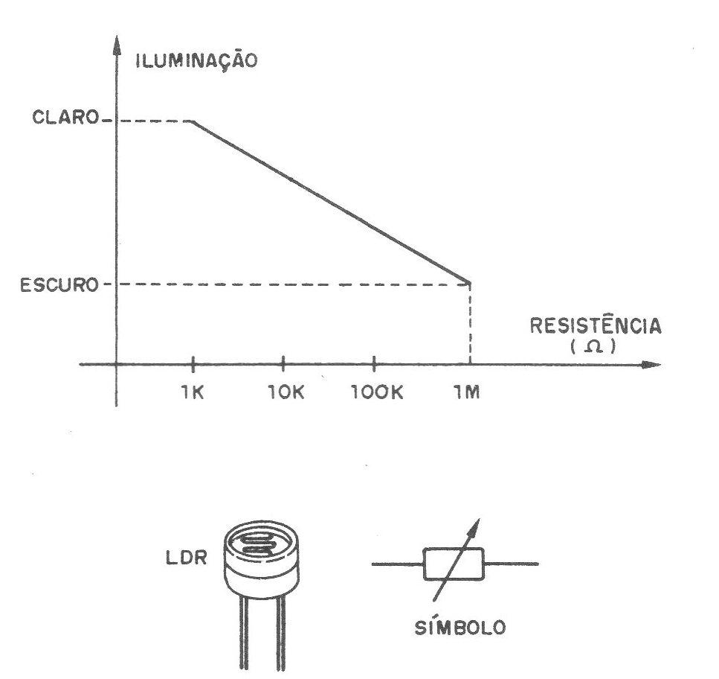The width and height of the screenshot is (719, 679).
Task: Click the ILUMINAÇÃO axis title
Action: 197,60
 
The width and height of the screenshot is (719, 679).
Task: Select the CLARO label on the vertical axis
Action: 65,118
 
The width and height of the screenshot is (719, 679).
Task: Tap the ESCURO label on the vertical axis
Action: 59,285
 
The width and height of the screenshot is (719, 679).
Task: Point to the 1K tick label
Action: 192,392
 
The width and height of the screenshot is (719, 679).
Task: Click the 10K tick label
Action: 286,392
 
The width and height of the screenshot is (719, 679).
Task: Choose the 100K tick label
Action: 377,392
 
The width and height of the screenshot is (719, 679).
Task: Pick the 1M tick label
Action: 467,392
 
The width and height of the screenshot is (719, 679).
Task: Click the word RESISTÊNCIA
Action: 596,325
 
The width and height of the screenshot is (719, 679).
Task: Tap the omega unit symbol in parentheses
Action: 593,346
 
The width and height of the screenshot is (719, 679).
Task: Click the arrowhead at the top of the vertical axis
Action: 117,45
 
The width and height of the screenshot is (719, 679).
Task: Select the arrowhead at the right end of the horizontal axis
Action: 651,365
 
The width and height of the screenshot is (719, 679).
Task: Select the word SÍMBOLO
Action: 460,627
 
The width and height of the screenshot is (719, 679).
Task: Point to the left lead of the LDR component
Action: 243,633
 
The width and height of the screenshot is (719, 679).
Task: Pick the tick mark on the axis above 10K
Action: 283,364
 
